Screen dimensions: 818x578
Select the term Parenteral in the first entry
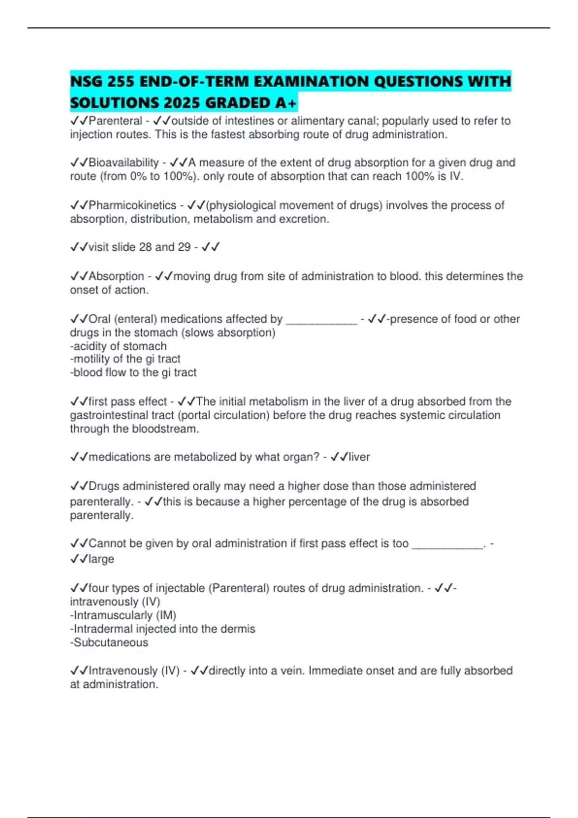click(116, 121)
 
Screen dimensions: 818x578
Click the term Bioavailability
click(124, 163)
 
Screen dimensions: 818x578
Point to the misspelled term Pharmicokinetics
click(132, 205)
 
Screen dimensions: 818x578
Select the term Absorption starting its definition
click(116, 276)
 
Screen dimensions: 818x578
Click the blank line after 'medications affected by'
click(321, 320)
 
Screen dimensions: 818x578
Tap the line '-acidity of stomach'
click(118, 346)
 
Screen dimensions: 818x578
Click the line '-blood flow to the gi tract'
click(133, 372)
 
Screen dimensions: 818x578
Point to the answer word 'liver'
click(359, 457)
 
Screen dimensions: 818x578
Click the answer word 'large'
click(101, 559)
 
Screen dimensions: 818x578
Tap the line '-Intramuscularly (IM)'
click(123, 615)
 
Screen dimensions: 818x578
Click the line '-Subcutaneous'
click(109, 643)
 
